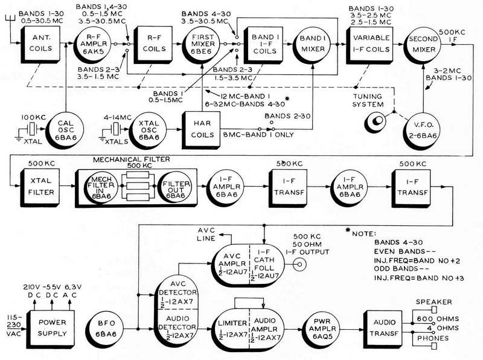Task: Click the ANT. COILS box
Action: click(x=36, y=44)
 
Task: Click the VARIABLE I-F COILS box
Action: click(x=369, y=44)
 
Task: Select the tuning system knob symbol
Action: click(x=377, y=120)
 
